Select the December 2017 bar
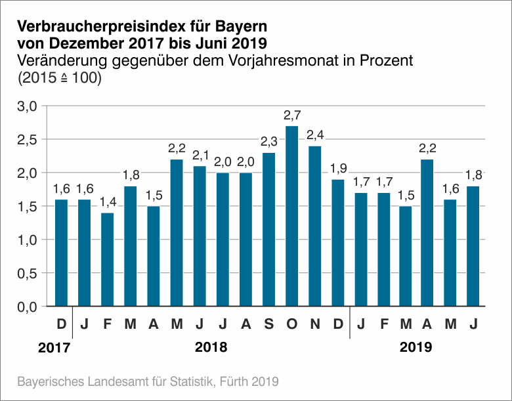pyautogui.click(x=62, y=253)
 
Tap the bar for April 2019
pyautogui.click(x=428, y=232)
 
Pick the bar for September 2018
pyautogui.click(x=268, y=229)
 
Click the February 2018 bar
pyautogui.click(x=107, y=259)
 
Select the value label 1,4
pyautogui.click(x=107, y=203)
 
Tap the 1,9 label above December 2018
pyautogui.click(x=337, y=169)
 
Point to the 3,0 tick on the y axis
pyautogui.click(x=28, y=106)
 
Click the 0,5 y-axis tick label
pyautogui.click(x=28, y=273)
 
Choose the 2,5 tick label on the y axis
pyautogui.click(x=28, y=140)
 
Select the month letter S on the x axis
pyautogui.click(x=268, y=324)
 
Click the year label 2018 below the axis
pyautogui.click(x=211, y=347)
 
